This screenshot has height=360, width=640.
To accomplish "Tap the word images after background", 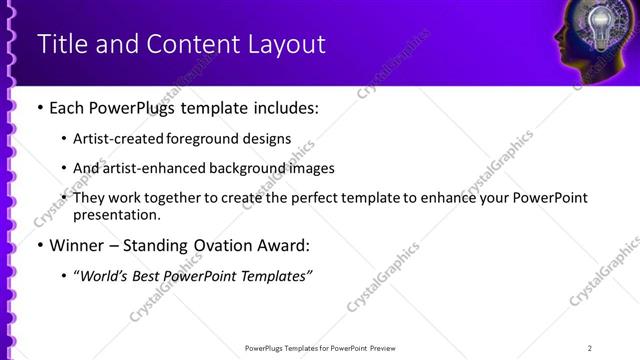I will (309, 168).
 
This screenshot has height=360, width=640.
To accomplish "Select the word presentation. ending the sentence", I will (116, 214).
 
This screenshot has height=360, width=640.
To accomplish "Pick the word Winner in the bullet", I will (76, 245).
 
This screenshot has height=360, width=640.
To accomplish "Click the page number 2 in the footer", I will (589, 348).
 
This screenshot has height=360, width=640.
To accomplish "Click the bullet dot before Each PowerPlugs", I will (39, 108).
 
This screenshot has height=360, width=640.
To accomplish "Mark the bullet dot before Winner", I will (39, 246).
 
